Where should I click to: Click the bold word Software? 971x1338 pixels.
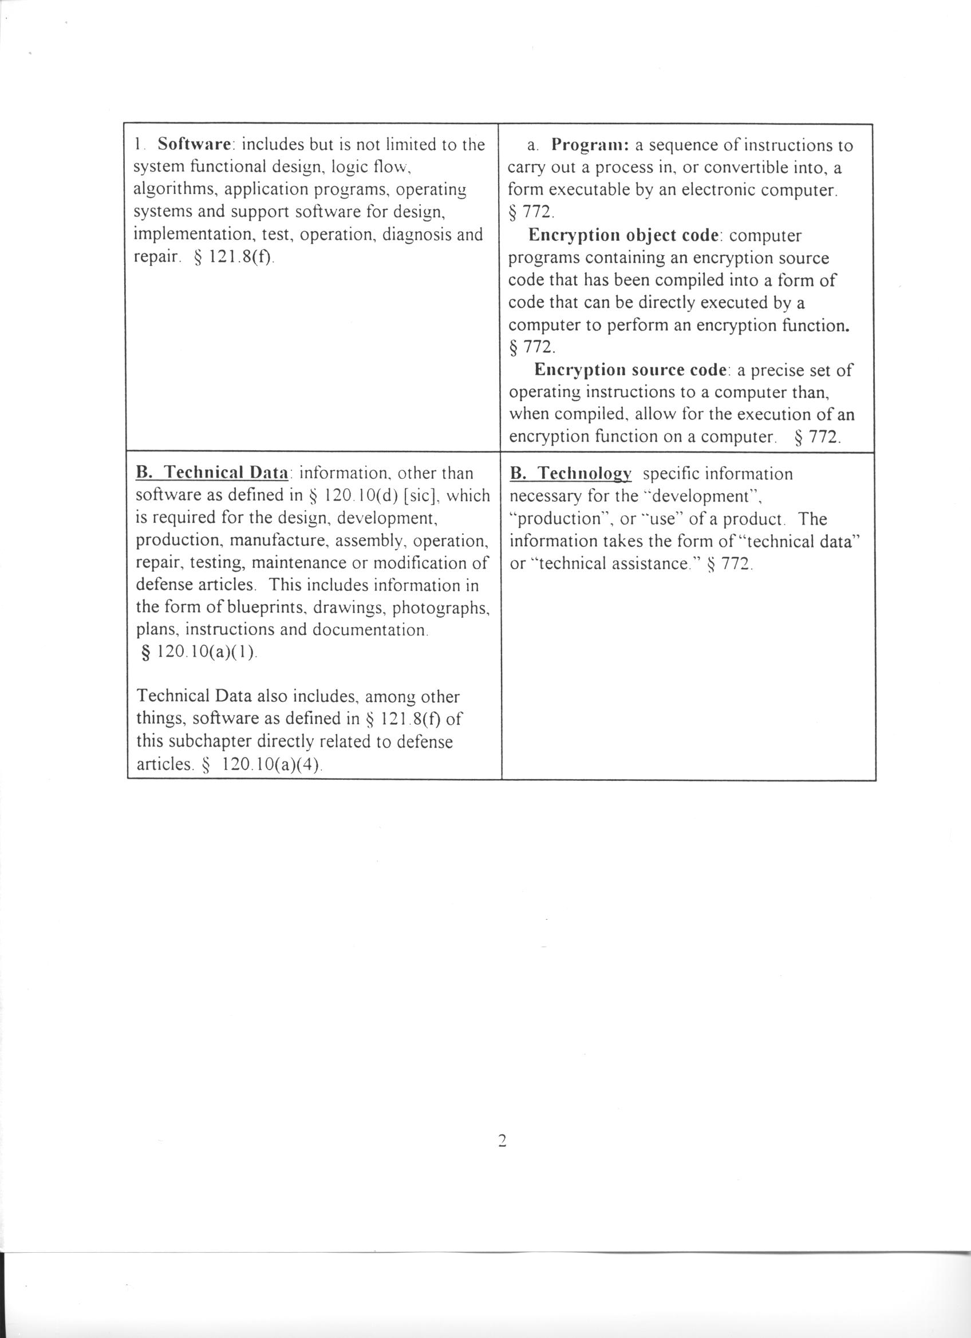pos(193,144)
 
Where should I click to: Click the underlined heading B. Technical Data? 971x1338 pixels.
pos(212,473)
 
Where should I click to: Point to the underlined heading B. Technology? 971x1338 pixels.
pos(570,474)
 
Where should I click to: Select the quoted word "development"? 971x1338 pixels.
pos(701,496)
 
